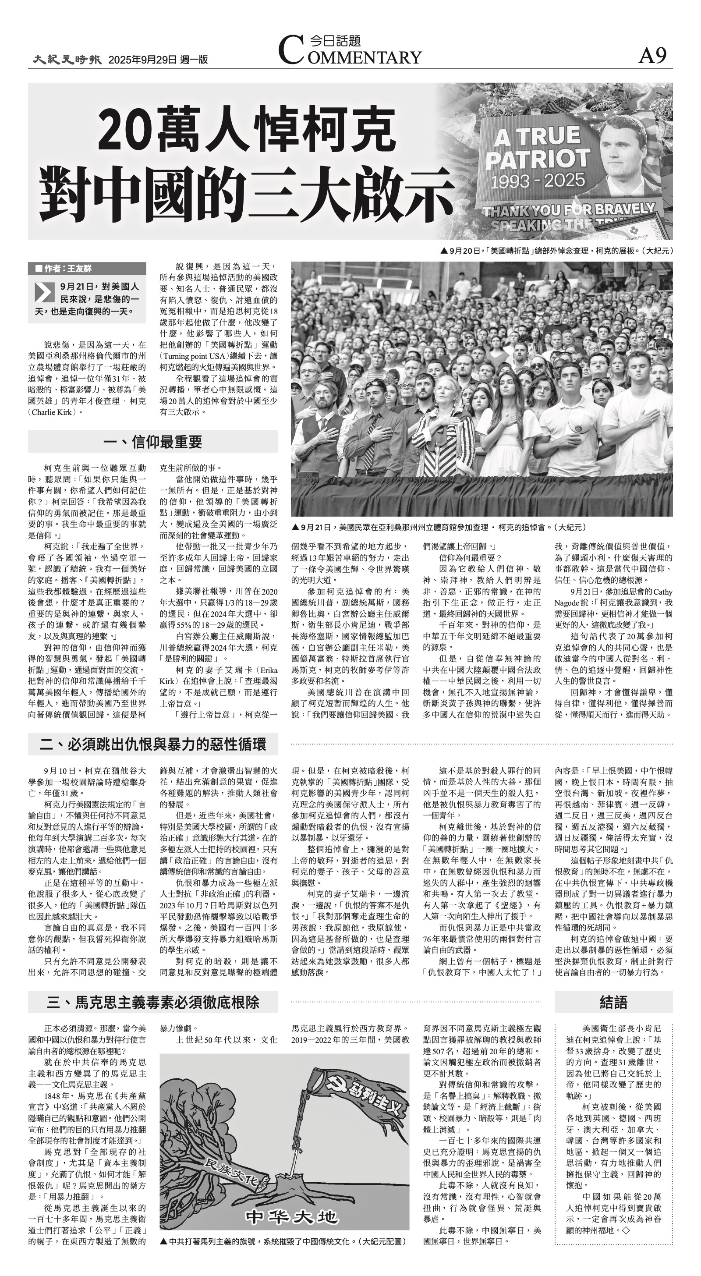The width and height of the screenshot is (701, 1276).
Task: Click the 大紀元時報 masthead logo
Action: point(67,60)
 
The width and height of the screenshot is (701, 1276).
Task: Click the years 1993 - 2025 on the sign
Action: point(538,180)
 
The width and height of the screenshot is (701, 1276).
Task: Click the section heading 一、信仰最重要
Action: point(152,441)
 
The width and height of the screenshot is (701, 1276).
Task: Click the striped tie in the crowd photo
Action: point(371,441)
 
